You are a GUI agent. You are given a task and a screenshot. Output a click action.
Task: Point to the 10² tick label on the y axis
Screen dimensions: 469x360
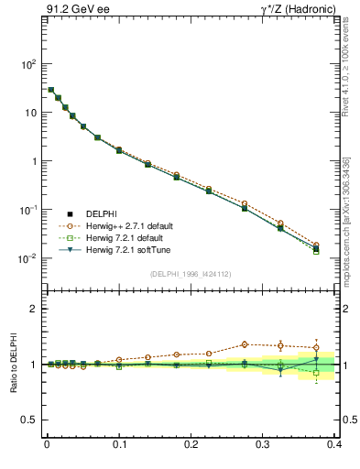(x=27, y=65)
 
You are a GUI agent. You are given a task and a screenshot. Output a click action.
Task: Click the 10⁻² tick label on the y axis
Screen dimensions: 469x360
(x=27, y=258)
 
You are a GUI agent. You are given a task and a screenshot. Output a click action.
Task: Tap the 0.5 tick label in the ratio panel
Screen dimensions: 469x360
(x=27, y=420)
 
